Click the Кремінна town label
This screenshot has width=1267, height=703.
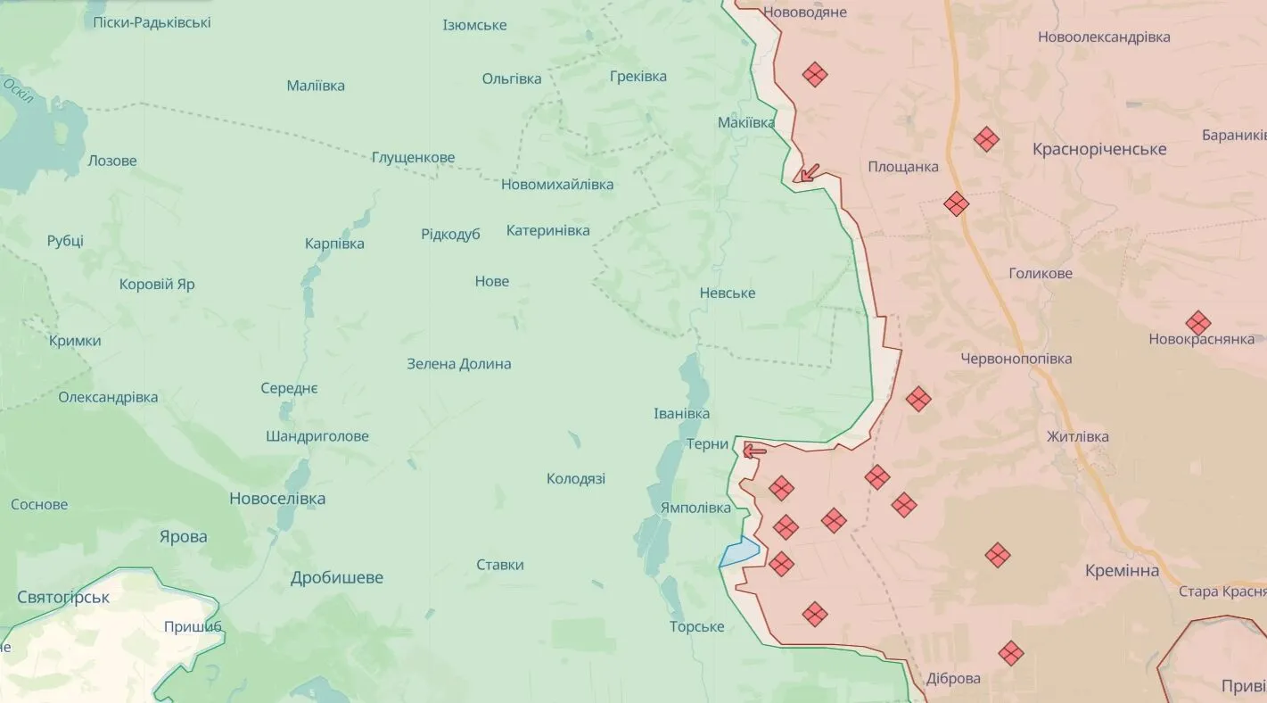tap(1123, 571)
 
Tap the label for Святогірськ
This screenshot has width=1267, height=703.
tap(63, 597)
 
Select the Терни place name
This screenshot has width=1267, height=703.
tap(708, 444)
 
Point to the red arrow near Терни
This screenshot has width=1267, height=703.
tap(754, 451)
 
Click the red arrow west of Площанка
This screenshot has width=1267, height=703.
tap(808, 173)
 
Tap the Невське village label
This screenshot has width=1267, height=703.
tap(728, 293)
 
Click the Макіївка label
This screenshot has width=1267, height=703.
tap(746, 122)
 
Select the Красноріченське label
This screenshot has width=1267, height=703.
tap(1099, 149)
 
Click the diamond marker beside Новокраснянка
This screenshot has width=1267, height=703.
tap(1198, 323)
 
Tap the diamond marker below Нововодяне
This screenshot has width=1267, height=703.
tap(815, 74)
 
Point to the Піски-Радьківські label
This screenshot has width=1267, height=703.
tap(152, 22)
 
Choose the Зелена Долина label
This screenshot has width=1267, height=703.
tap(459, 364)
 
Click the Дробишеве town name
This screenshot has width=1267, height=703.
tap(337, 577)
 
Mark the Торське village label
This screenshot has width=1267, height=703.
tap(697, 626)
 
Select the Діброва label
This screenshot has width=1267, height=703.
tap(953, 678)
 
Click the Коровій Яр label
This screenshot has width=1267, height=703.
tap(157, 285)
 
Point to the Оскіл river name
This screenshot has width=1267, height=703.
tap(18, 90)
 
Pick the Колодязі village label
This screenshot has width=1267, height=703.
tap(576, 478)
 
